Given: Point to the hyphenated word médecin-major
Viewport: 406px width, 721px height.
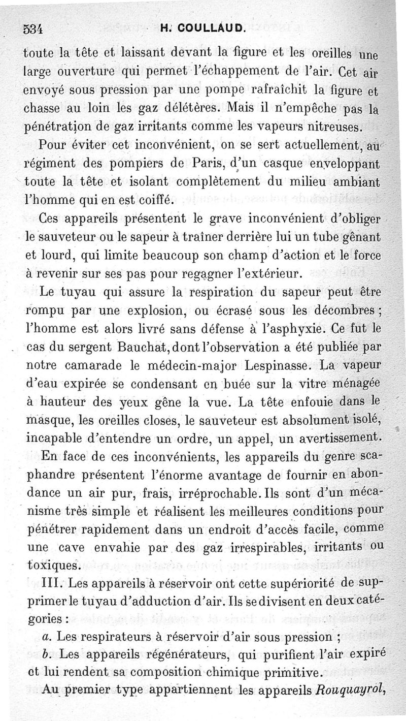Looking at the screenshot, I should [x=185, y=365].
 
